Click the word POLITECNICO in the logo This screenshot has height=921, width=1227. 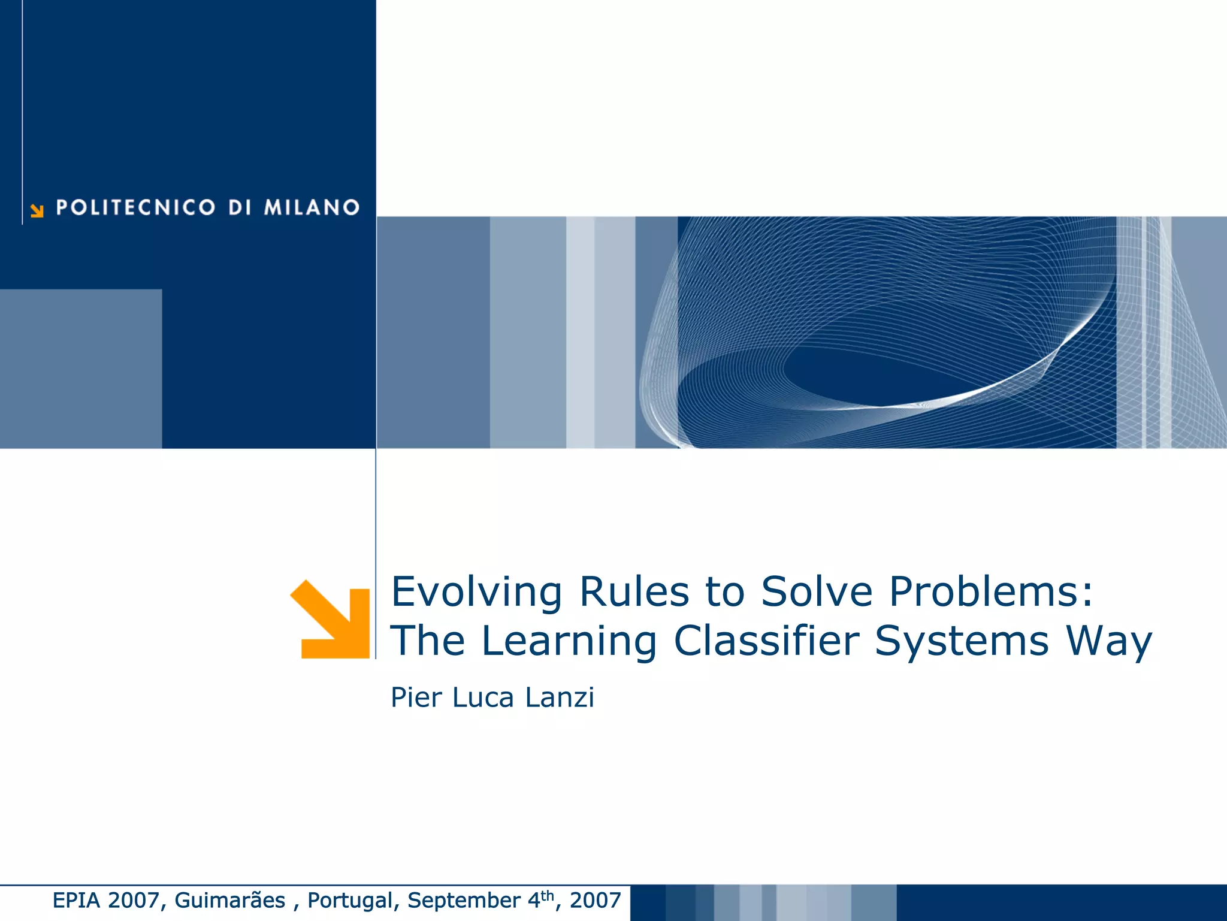[x=135, y=207]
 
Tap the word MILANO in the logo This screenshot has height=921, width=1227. [x=312, y=207]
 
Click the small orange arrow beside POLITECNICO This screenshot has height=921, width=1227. [x=37, y=210]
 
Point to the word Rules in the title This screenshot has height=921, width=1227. [x=634, y=592]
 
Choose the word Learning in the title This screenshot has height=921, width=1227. [x=569, y=642]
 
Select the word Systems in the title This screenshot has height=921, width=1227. [x=962, y=642]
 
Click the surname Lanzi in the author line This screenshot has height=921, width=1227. [x=560, y=697]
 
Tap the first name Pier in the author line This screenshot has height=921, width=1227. [x=416, y=697]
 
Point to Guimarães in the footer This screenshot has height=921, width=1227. [x=230, y=900]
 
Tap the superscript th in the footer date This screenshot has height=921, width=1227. [x=548, y=895]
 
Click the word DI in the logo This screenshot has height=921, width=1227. [x=240, y=207]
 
